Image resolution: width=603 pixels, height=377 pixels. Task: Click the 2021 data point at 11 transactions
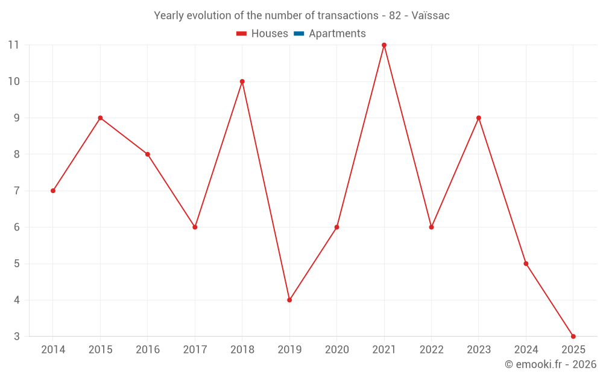coord(384,45)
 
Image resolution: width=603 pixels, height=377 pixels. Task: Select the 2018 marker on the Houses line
coord(242,81)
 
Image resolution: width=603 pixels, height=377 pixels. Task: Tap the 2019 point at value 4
coord(289,300)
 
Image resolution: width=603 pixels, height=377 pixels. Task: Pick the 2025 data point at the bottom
coord(573,336)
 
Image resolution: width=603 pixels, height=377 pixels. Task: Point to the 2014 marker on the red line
coord(53,191)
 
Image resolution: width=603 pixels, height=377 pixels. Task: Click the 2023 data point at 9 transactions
coord(479,118)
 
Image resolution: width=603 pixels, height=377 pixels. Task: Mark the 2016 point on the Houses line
coord(147,154)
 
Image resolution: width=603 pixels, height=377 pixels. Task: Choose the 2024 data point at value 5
coord(526,264)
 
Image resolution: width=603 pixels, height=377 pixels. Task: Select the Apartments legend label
coord(337,34)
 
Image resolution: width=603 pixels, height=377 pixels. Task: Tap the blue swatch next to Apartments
coord(299,34)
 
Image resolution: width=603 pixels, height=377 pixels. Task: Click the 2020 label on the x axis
coord(336,350)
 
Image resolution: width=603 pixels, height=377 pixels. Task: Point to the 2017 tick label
coord(195,350)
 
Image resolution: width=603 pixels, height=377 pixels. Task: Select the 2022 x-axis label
coord(431,350)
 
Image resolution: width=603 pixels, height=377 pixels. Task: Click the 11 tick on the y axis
coord(13,45)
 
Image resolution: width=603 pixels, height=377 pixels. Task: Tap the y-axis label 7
coord(16,191)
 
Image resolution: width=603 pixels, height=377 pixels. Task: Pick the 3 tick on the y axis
coord(16,337)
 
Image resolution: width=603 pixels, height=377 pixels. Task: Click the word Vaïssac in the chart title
coord(431,16)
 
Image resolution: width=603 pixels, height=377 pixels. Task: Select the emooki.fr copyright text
coord(551,364)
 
